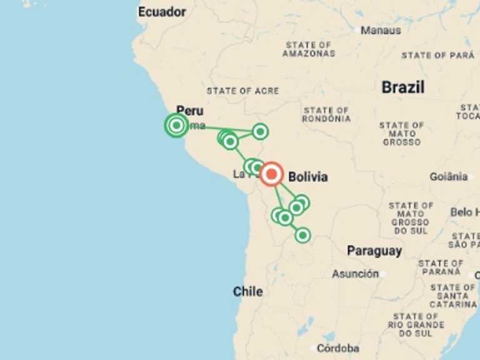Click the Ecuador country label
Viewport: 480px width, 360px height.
pos(162,12)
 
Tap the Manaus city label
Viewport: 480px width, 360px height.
pos(381,29)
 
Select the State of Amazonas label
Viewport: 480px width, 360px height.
pos(308,49)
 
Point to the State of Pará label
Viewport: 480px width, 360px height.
pos(438,56)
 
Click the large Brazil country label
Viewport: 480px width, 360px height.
pos(403,87)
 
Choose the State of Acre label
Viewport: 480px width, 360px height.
pos(242,91)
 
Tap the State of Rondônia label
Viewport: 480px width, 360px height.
pos(326,115)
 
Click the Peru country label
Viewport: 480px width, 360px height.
pos(189,111)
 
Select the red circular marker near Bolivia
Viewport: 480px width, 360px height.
pos(271,174)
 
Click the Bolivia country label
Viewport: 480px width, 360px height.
pos(307,177)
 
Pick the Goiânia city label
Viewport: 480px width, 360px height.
pos(448,177)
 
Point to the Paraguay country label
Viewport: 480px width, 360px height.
pos(374,251)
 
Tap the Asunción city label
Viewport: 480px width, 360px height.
pos(355,274)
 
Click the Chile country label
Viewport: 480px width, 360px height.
pos(247,291)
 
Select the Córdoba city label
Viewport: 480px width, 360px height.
pos(337,348)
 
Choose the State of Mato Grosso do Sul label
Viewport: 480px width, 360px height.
pos(411,218)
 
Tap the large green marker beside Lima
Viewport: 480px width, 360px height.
pos(176,126)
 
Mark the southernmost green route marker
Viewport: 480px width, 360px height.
pos(302,235)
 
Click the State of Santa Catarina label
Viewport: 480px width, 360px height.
pos(453,296)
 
